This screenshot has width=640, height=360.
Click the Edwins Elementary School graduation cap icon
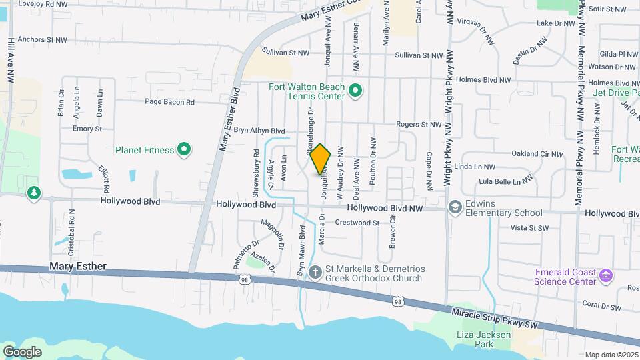pos(455,208)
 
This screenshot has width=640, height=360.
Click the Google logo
pos(22,351)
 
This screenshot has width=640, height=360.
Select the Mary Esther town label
pos(77,266)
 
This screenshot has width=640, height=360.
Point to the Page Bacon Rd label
pos(170,102)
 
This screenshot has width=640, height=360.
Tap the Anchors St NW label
pos(43,40)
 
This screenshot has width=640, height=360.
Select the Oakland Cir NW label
pos(538,153)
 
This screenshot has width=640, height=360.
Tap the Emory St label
pos(87,129)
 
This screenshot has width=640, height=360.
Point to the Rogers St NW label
pos(419,125)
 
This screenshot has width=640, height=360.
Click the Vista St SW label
pos(529,228)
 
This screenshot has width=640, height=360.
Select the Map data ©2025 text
pos(611,355)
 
